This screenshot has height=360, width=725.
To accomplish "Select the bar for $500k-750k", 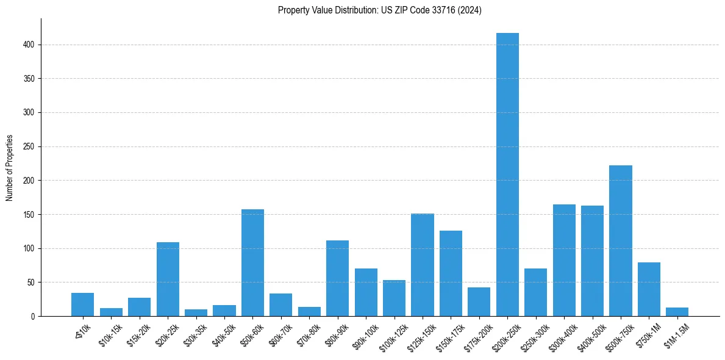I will point(620,240).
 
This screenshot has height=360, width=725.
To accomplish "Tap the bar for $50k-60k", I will point(252,262).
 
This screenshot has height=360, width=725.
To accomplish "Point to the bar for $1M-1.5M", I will point(677,312).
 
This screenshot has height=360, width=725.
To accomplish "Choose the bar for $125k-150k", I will point(422,265).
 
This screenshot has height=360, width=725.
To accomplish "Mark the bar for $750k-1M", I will point(649,289).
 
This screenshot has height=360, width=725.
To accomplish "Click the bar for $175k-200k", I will point(479,301).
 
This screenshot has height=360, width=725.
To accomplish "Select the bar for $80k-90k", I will point(337,278).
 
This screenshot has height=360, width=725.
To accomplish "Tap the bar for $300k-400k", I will point(564,260).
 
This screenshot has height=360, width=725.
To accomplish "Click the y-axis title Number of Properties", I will point(10,168).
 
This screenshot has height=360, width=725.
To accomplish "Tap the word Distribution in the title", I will point(343,10).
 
